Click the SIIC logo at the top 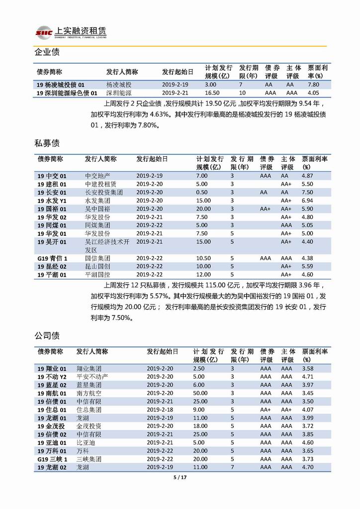point(44,32)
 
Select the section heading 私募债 point(47,143)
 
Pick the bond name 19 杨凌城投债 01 point(64,85)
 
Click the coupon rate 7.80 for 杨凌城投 point(313,85)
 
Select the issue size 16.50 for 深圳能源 point(212,93)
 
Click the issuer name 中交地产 point(97,176)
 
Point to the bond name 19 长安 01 point(52,192)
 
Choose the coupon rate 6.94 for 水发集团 point(307,200)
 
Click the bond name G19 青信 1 point(53,258)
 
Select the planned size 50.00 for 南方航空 point(200,393)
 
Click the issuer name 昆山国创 point(97,266)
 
